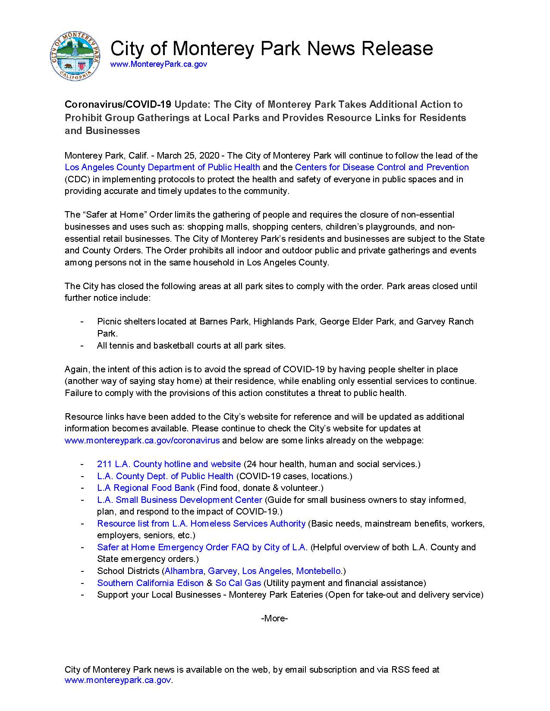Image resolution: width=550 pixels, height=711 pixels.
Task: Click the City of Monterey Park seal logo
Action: [x=75, y=56]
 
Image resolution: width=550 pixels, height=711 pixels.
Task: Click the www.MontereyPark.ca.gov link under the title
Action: [x=158, y=64]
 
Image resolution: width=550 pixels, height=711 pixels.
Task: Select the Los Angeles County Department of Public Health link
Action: [x=162, y=167]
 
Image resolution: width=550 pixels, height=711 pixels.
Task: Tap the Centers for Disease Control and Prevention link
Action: [x=382, y=167]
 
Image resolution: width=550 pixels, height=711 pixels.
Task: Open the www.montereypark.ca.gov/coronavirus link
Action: [x=142, y=440]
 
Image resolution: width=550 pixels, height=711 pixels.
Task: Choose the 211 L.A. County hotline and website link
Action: [x=169, y=464]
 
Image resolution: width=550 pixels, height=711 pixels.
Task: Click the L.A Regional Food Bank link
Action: [x=145, y=488]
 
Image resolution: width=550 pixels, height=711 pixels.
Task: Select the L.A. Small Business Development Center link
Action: [x=179, y=500]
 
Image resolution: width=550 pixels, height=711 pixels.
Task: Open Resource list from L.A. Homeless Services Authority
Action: [x=201, y=524]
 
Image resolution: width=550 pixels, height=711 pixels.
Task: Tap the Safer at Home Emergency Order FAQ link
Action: [x=202, y=547]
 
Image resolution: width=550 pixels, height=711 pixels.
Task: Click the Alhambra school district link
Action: [x=184, y=571]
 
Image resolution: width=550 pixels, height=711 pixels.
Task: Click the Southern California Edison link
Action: [x=150, y=583]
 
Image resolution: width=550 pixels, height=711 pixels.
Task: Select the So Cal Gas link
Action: [x=238, y=583]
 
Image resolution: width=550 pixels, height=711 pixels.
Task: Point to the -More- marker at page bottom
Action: [x=274, y=618]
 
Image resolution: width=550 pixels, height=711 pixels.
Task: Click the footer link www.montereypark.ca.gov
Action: [x=118, y=680]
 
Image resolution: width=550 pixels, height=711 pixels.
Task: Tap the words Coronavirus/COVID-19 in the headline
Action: [x=118, y=104]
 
